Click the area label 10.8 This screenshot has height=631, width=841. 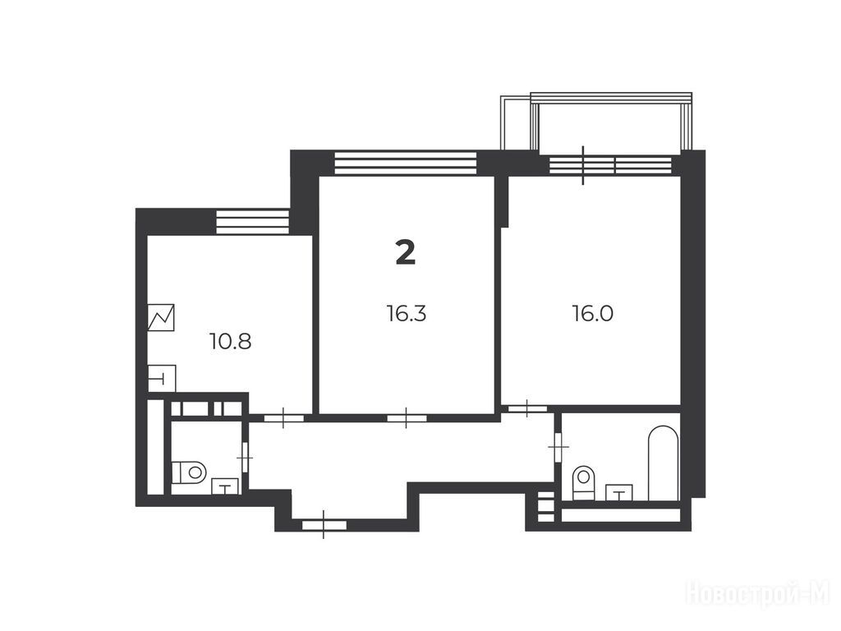(231, 341)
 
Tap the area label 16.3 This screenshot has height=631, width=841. (406, 313)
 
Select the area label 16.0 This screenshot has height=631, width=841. (593, 313)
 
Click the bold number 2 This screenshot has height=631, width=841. (406, 252)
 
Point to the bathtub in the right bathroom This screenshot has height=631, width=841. (663, 463)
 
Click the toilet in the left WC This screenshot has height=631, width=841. (190, 472)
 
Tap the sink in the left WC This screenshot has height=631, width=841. (226, 486)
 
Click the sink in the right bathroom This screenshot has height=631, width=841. (619, 493)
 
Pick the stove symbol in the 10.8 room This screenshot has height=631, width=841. (161, 317)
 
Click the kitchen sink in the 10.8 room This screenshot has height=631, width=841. (162, 378)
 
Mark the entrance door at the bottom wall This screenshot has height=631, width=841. (324, 525)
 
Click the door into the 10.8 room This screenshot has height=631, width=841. (284, 418)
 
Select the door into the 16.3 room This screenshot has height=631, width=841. (407, 418)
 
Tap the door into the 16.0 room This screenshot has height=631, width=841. (527, 409)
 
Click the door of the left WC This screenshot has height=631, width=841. (246, 457)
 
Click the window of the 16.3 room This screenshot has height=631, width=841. (406, 164)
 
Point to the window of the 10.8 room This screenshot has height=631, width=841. (253, 222)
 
